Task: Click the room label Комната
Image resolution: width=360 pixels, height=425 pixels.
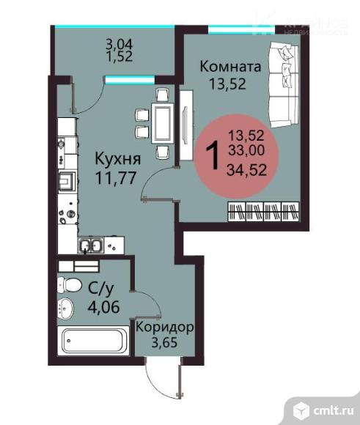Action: [x=231, y=67]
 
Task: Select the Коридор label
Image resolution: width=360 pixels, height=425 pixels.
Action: [x=165, y=327]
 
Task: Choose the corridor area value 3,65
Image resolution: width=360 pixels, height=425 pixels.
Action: [x=165, y=343]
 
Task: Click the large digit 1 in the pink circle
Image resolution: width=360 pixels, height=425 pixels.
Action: [x=215, y=155]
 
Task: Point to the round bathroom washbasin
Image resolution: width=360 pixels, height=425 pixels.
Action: [x=67, y=308]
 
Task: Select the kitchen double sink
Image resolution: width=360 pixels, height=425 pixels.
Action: [x=92, y=245]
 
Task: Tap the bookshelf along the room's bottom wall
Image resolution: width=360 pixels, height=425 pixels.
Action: [x=263, y=212]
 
